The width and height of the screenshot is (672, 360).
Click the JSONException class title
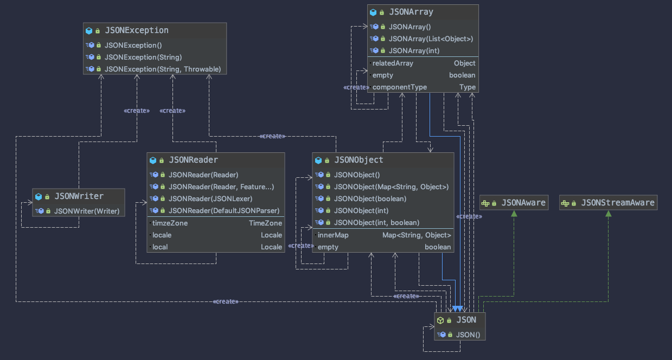(x=136, y=30)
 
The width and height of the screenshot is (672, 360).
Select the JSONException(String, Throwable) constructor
(x=162, y=69)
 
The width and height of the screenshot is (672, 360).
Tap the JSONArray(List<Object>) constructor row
(x=431, y=38)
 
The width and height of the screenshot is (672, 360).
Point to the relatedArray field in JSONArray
(x=393, y=63)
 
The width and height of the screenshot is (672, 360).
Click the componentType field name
(x=399, y=87)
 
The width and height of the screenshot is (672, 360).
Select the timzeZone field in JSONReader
(x=170, y=223)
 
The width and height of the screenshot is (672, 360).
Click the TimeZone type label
(x=265, y=223)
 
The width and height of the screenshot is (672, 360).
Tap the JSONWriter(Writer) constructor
(x=86, y=211)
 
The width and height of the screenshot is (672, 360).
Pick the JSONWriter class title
(x=79, y=196)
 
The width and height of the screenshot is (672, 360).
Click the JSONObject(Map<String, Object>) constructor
(x=391, y=187)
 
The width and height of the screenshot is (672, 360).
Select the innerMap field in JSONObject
(x=333, y=235)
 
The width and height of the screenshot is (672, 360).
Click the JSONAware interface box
(x=513, y=203)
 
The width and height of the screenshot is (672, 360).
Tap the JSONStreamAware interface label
(x=617, y=203)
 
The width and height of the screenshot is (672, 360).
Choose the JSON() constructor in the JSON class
(x=468, y=335)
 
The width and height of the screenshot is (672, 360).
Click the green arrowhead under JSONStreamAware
(x=608, y=214)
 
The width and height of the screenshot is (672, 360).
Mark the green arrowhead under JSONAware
(x=513, y=214)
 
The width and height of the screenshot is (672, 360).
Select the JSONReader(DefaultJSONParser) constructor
(x=223, y=210)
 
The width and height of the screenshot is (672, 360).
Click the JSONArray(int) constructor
(x=414, y=50)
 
